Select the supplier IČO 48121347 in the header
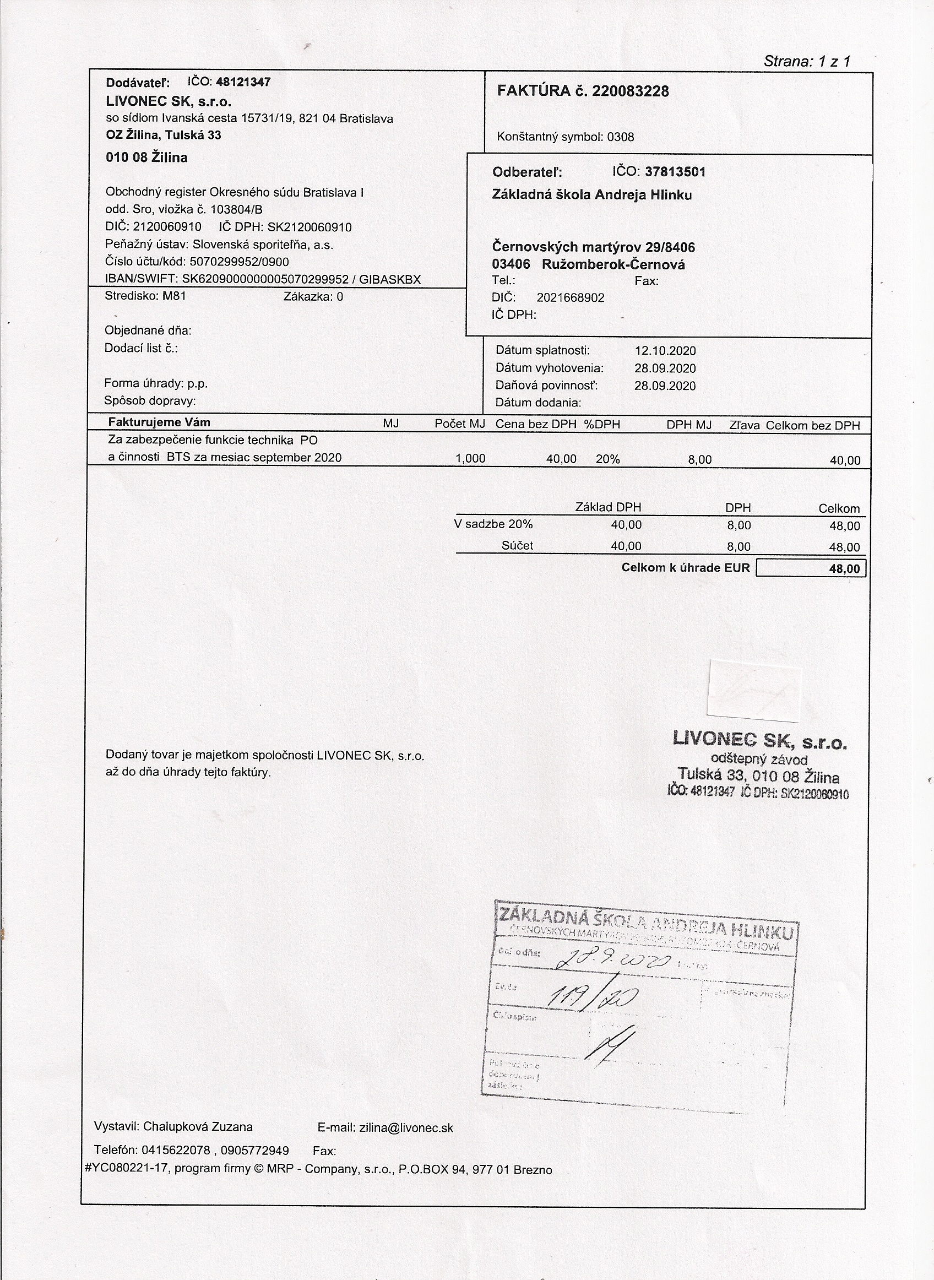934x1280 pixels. click(x=243, y=82)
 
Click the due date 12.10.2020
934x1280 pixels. click(x=665, y=350)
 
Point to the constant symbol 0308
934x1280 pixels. click(x=620, y=137)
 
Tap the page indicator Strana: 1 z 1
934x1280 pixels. click(x=807, y=61)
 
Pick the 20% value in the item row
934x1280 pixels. click(x=608, y=459)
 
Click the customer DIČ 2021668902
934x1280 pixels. click(x=571, y=298)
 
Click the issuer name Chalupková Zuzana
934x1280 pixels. click(x=198, y=1126)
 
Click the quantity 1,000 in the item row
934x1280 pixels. click(x=470, y=458)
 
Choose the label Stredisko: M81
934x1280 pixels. click(x=145, y=296)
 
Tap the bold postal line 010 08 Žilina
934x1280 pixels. click(x=146, y=158)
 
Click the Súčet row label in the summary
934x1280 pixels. click(x=517, y=546)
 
